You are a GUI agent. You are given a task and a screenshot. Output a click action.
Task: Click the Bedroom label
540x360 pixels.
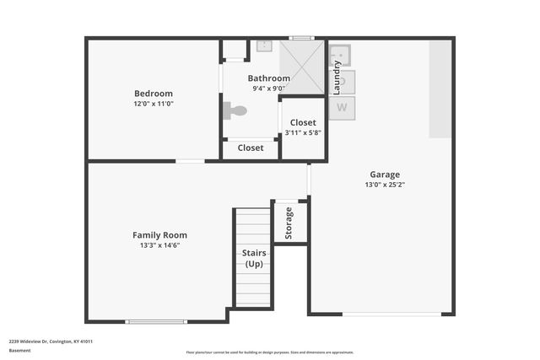[x=154, y=94]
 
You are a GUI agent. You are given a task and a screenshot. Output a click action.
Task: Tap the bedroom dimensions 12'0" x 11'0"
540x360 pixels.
[x=154, y=104]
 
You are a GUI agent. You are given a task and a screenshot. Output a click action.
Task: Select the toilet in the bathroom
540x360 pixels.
[x=235, y=110]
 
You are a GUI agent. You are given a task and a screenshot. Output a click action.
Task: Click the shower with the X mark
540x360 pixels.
[x=302, y=67]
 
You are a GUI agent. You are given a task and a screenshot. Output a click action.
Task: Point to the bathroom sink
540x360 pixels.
[x=262, y=46]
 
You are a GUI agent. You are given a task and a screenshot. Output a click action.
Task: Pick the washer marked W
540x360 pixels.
[x=342, y=107]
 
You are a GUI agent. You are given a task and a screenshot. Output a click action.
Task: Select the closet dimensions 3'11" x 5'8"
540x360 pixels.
[x=303, y=132]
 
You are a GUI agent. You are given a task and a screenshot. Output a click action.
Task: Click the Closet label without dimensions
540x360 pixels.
[x=251, y=148]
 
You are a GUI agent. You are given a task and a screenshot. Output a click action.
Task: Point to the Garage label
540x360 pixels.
[x=385, y=175]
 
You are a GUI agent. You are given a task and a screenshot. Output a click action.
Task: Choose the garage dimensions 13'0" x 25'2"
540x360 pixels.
[x=385, y=185]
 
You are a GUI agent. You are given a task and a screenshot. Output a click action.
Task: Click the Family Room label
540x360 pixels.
[x=159, y=235]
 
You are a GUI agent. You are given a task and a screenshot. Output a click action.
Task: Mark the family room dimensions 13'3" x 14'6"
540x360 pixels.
[x=159, y=245]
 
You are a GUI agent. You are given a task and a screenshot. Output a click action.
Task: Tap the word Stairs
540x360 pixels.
[x=254, y=253]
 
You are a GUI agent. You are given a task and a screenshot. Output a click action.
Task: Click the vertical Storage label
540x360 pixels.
[x=289, y=223]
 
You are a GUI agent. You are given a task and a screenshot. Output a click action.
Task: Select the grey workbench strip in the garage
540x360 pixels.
[x=440, y=89]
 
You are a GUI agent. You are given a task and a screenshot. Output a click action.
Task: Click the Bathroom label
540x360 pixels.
[x=268, y=78]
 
